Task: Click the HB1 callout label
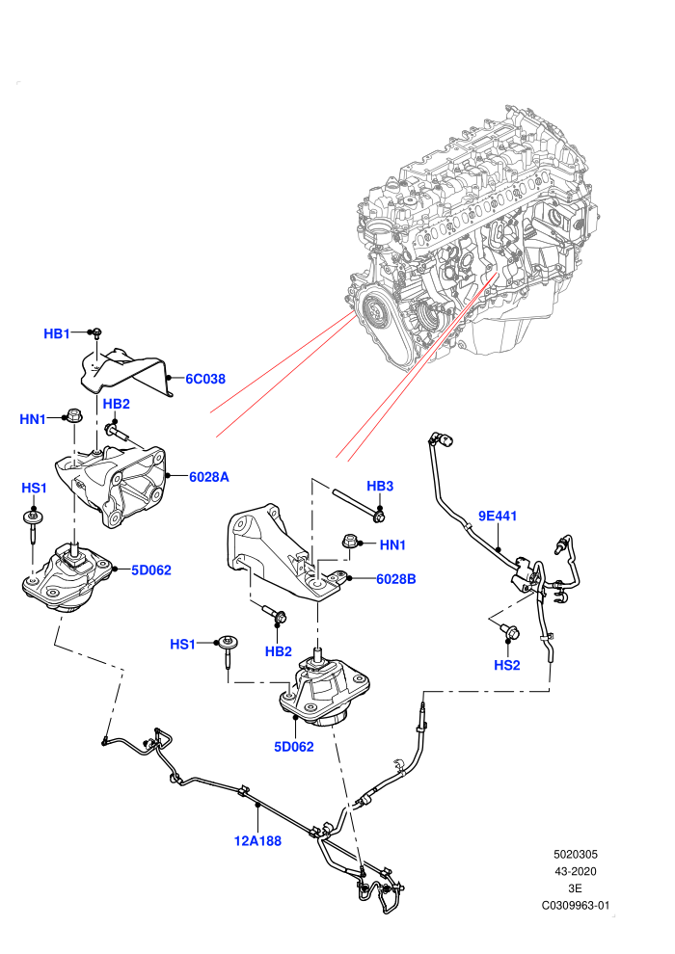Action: click(57, 333)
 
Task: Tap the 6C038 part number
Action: click(205, 379)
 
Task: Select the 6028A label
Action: click(209, 477)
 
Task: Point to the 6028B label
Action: click(395, 579)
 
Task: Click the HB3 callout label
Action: click(380, 486)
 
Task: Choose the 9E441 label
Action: click(498, 516)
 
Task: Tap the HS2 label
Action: click(507, 665)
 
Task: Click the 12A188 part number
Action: click(257, 841)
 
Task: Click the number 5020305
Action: click(575, 854)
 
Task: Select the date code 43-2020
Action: click(575, 871)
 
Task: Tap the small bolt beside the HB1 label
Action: click(96, 332)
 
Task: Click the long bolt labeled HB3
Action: click(358, 504)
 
